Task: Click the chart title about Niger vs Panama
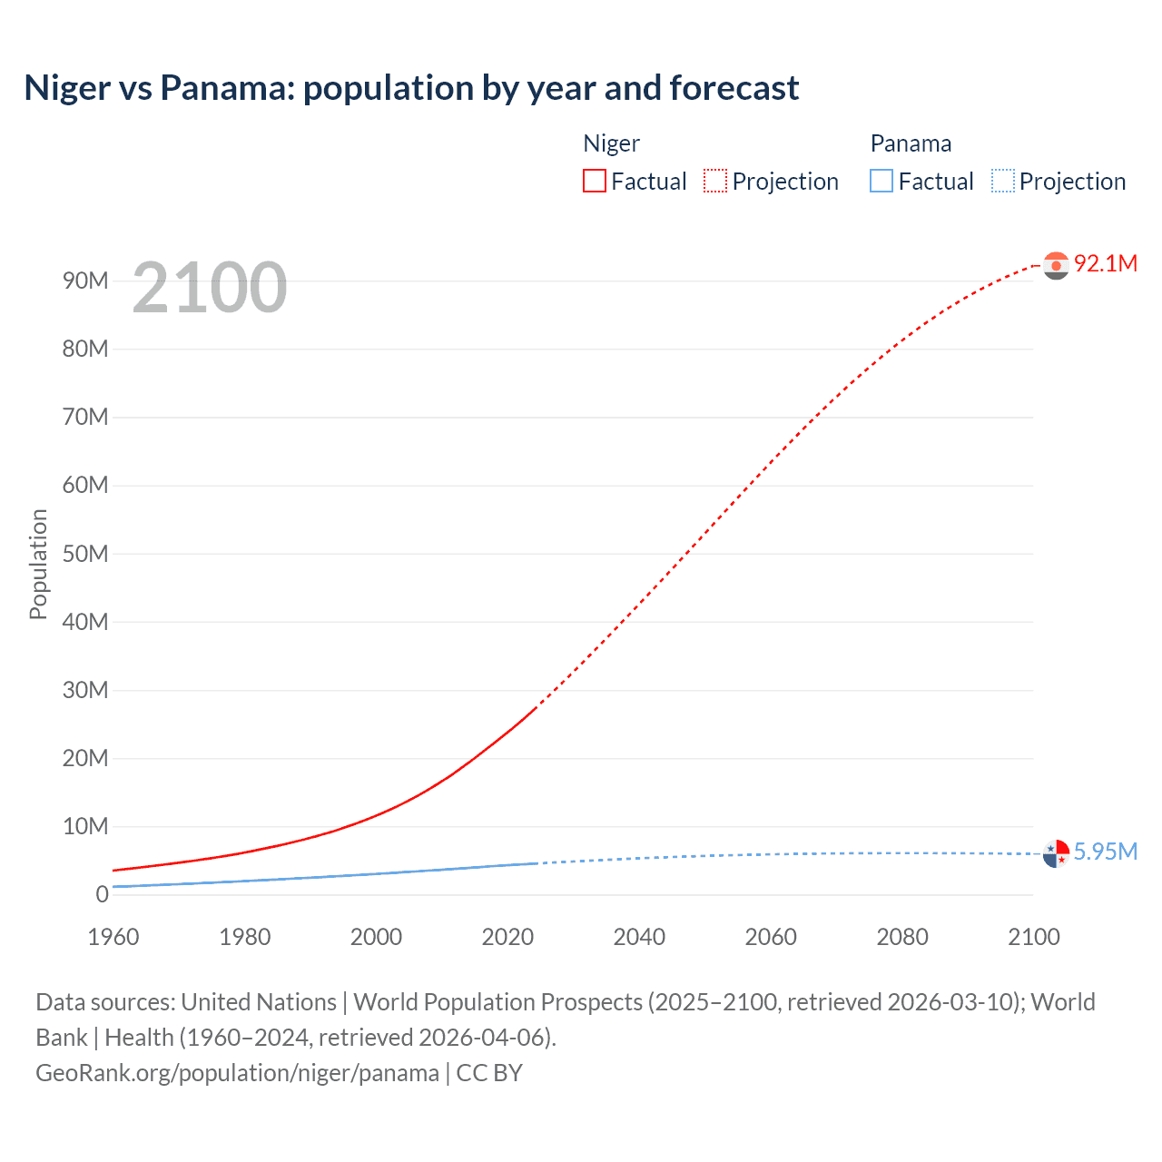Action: coord(411,88)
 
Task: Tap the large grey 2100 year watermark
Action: coord(210,288)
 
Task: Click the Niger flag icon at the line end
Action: coord(1056,265)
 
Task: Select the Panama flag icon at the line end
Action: coord(1056,853)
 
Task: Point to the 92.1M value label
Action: coord(1105,263)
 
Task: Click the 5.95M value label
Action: coord(1105,852)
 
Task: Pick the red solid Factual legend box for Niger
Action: coord(595,181)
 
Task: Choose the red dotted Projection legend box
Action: coord(715,181)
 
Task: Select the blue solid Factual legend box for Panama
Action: coord(881,181)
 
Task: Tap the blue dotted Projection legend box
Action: coord(1002,181)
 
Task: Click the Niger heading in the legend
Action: coord(611,143)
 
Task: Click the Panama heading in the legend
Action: coord(911,143)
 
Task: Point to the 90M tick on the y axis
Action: coord(85,281)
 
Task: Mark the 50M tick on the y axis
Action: coord(85,554)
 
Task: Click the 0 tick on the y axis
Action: coord(102,894)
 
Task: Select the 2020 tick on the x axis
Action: coord(507,937)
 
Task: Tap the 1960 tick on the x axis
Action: coord(113,937)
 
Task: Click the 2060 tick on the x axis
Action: coord(771,937)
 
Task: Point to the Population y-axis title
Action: coord(38,564)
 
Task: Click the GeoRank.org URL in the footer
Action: coord(237,1073)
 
